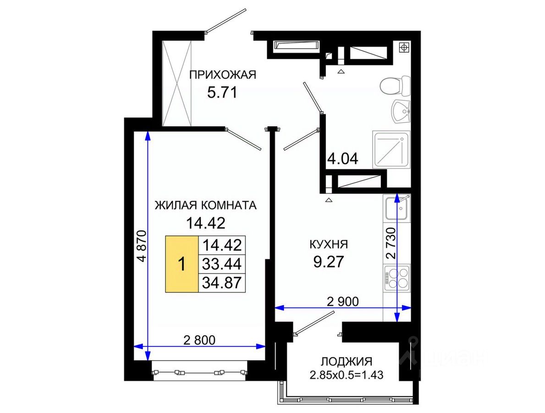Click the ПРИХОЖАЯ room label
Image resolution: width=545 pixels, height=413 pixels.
click(222, 74)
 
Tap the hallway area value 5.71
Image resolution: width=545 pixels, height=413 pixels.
click(222, 93)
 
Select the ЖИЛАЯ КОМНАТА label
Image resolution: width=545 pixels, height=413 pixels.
click(205, 205)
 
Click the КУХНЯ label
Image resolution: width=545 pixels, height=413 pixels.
click(329, 244)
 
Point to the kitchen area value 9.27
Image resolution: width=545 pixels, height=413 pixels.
click(329, 262)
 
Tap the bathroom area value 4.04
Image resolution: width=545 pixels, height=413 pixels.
click(343, 159)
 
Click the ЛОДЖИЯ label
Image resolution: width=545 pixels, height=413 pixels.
click(346, 362)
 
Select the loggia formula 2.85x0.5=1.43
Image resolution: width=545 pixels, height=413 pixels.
click(346, 375)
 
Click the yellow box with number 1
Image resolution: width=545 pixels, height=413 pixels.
click(182, 264)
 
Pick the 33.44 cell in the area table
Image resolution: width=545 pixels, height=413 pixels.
click(222, 264)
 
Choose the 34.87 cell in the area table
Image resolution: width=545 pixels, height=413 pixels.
click(222, 283)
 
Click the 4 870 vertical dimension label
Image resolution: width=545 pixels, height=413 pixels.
click(142, 246)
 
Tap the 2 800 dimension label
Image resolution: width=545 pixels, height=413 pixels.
click(199, 340)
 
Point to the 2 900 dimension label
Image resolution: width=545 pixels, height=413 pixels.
click(343, 301)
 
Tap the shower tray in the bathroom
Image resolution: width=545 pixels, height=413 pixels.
click(391, 150)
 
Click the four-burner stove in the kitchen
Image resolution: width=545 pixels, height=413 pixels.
click(396, 278)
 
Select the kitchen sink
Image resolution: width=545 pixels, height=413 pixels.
click(396, 208)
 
